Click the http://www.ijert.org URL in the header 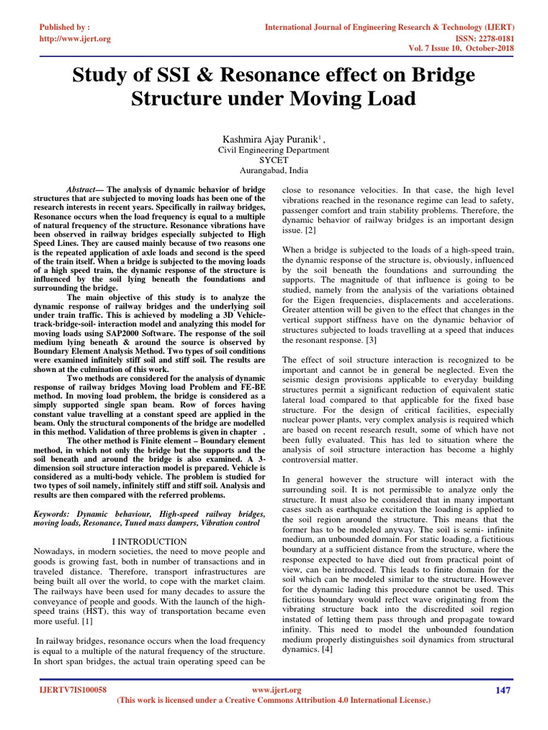point(75,38)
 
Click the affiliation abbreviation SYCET point(273,161)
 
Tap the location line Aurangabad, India point(273,173)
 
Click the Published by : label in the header point(65,27)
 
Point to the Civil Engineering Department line point(273,150)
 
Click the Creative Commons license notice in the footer point(273,701)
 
